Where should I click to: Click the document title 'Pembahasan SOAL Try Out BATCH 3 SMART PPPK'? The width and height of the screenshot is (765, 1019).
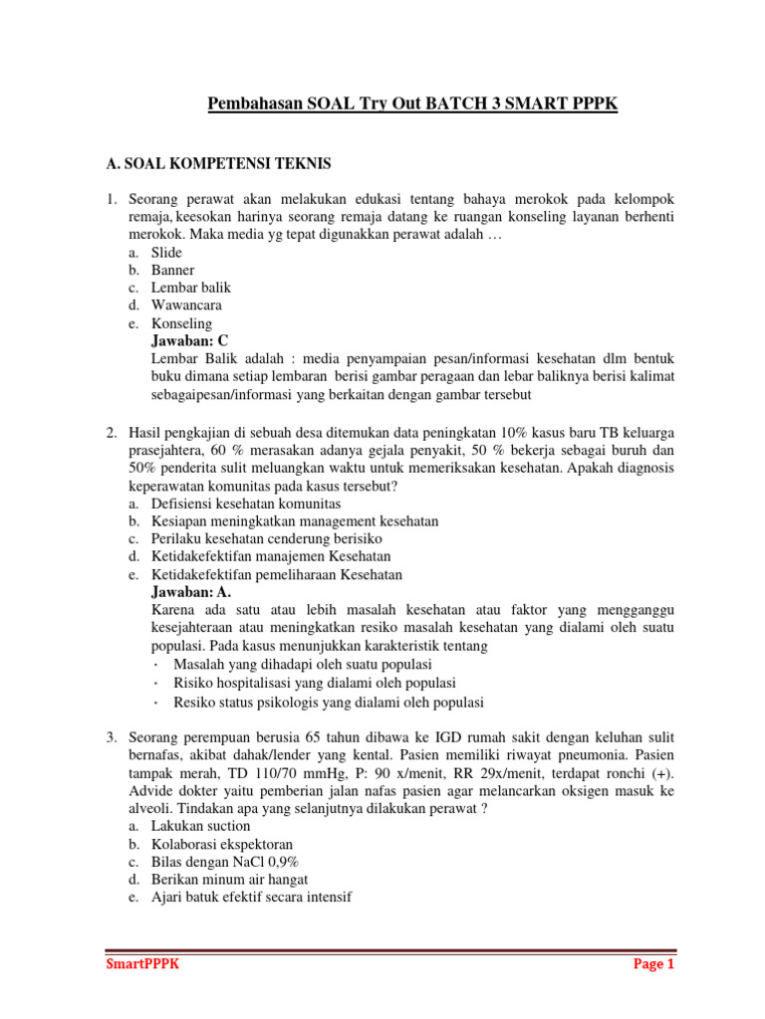point(412,104)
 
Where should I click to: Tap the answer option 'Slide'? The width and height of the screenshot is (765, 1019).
point(167,252)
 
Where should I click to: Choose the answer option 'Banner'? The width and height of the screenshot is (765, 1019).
point(172,270)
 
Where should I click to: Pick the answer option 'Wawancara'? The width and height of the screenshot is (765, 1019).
point(186,306)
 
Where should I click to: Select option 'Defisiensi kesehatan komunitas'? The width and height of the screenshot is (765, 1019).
point(247,504)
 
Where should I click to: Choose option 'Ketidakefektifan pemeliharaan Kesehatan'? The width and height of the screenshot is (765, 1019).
point(276,574)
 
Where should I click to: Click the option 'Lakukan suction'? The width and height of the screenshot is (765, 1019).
point(200,826)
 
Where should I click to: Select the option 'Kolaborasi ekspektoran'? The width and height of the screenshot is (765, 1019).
point(221,844)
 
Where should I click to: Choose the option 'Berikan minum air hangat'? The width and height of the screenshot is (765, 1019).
point(229,880)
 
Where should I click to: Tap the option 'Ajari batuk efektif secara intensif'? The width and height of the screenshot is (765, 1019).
point(251,898)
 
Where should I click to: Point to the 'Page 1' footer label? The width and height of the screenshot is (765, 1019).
point(653,965)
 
